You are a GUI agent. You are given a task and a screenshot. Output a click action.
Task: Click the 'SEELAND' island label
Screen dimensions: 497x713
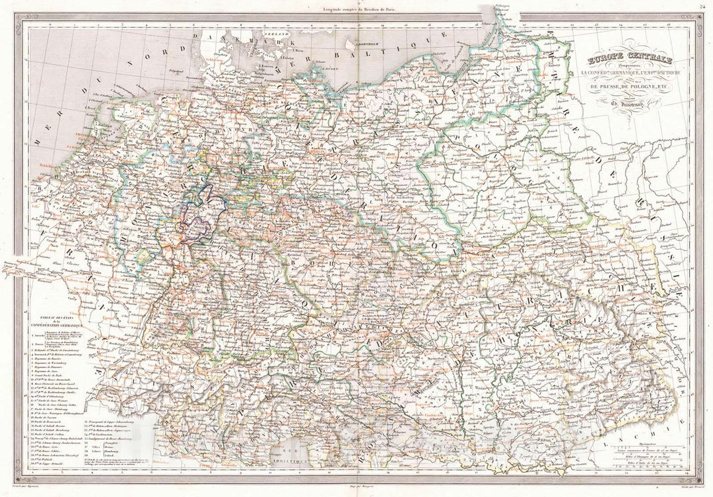point(274,32)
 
